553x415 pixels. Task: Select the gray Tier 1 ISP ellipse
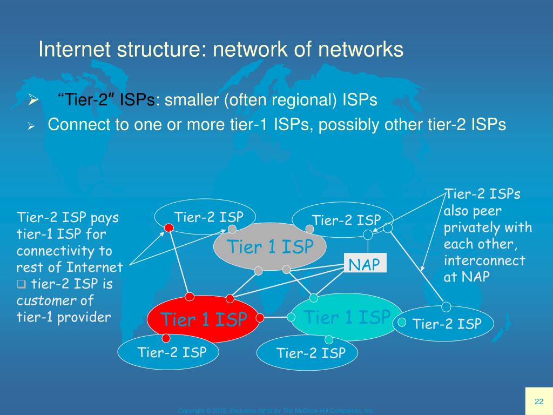tap(270, 247)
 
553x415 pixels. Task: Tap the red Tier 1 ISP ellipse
tap(204, 319)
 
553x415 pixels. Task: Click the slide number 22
tap(538, 401)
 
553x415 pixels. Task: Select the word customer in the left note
tap(41, 300)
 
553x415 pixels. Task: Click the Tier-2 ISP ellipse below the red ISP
tap(172, 353)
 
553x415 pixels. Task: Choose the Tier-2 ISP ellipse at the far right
tap(447, 324)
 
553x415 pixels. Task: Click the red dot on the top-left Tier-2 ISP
tap(169, 228)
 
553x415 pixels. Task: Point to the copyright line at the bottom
tap(276, 411)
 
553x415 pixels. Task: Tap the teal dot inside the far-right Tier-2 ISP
tap(402, 322)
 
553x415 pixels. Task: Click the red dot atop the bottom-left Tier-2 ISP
tap(166, 338)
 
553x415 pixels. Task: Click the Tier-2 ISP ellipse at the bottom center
tap(311, 353)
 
